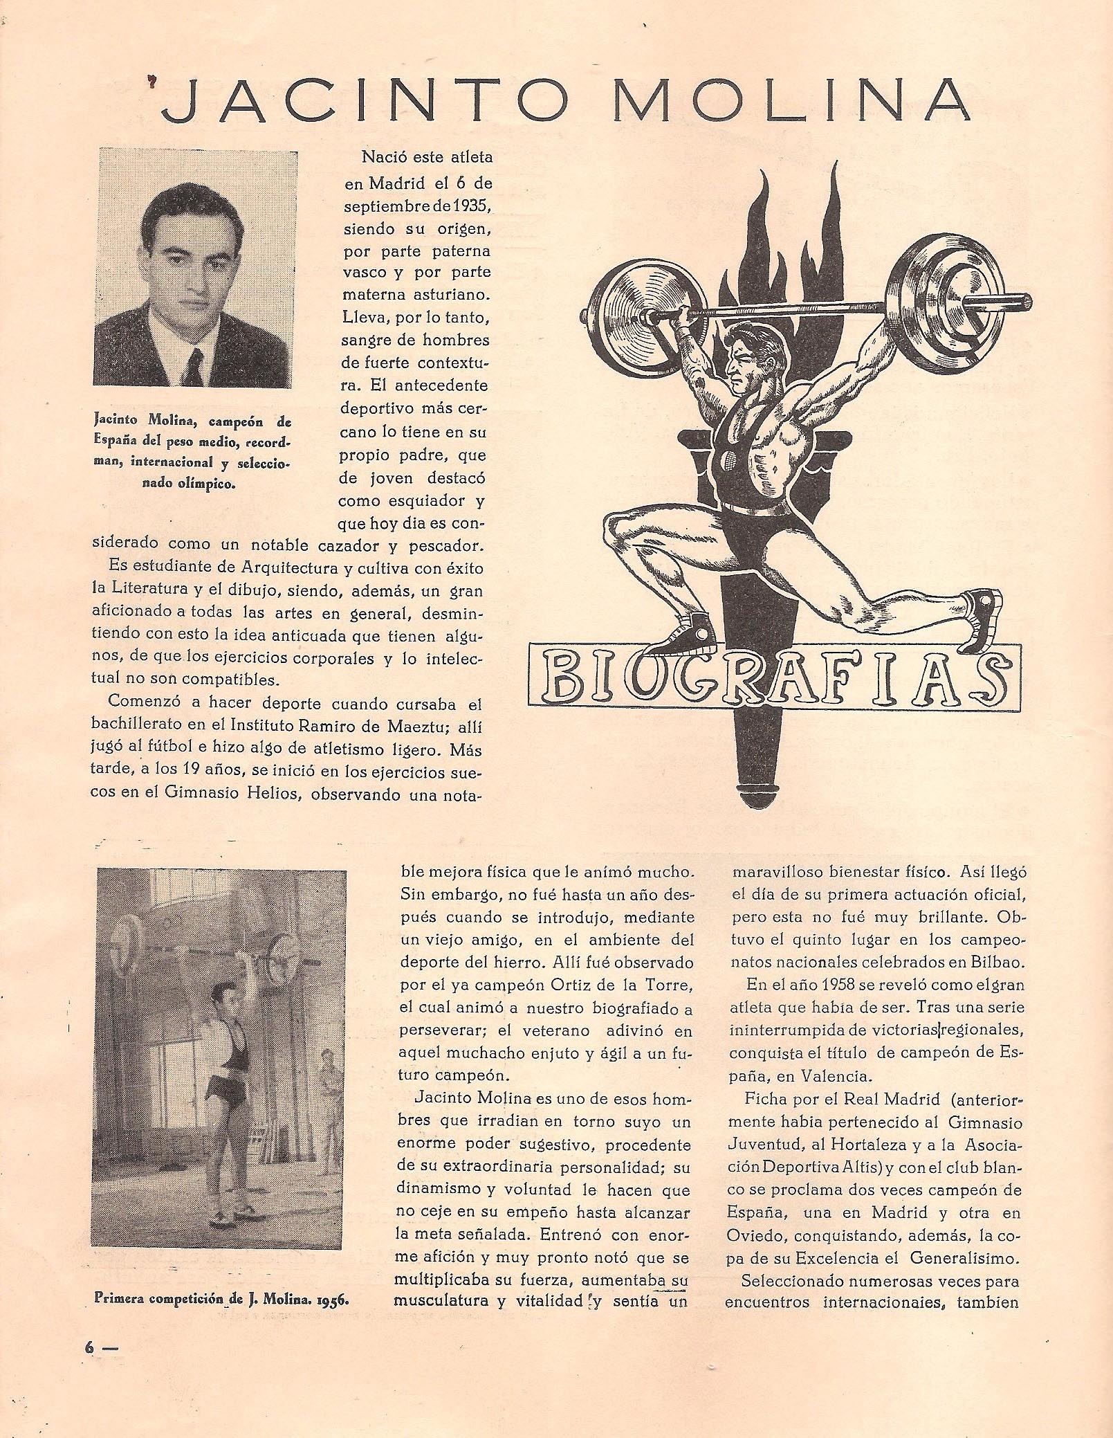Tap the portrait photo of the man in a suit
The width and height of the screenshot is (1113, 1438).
coord(193,267)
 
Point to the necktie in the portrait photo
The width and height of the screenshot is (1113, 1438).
coord(196,366)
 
